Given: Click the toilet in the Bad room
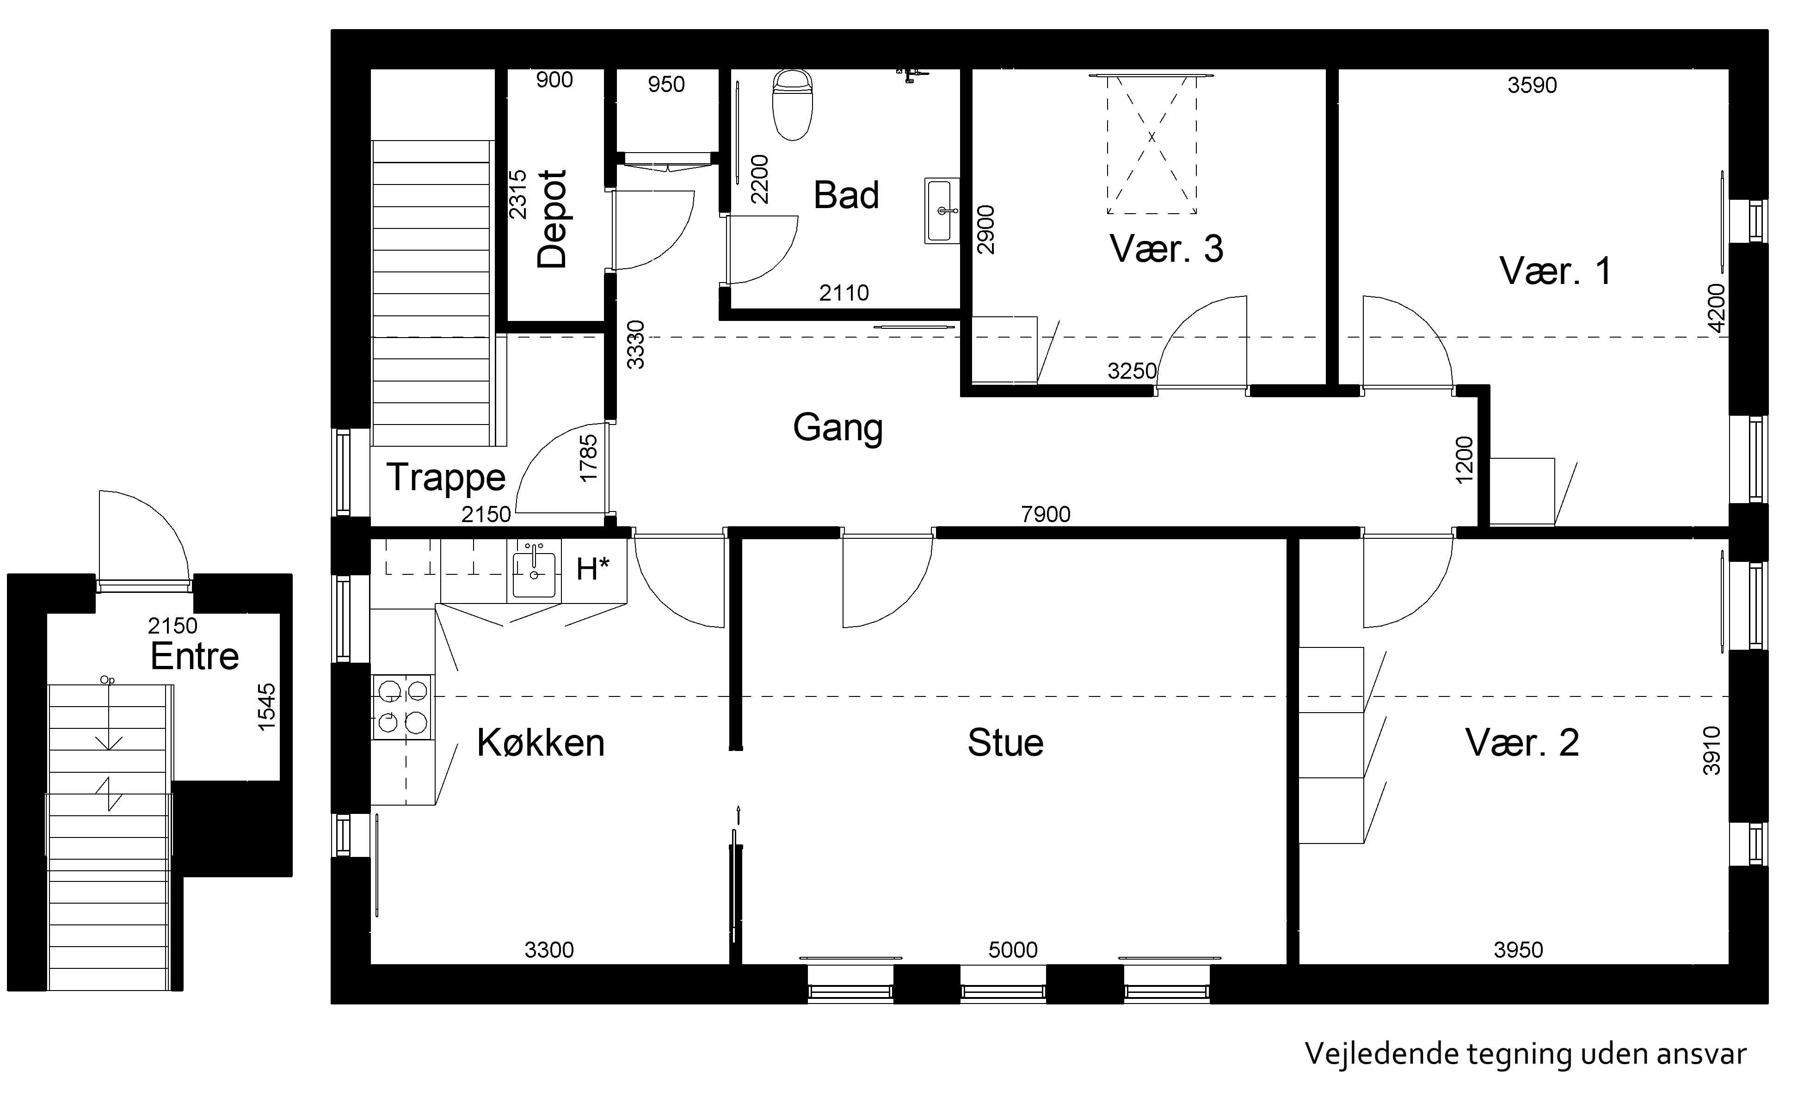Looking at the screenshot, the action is click(793, 105).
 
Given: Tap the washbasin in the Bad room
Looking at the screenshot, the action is click(942, 210).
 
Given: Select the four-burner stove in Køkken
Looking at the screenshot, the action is click(402, 707).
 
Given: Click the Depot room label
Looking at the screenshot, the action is click(552, 219).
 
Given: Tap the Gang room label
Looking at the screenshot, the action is click(837, 428).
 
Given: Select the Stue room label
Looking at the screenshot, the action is click(1005, 743).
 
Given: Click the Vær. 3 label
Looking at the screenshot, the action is click(1166, 249).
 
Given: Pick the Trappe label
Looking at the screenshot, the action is click(446, 478).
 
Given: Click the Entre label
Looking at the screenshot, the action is click(195, 657).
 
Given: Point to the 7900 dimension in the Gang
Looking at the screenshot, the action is click(1046, 514).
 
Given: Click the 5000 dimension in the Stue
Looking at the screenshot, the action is click(1013, 949).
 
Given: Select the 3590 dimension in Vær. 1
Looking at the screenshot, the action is click(1533, 86).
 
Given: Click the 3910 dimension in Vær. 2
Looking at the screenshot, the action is click(1712, 751).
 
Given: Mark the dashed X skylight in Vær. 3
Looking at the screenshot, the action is click(1151, 144).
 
